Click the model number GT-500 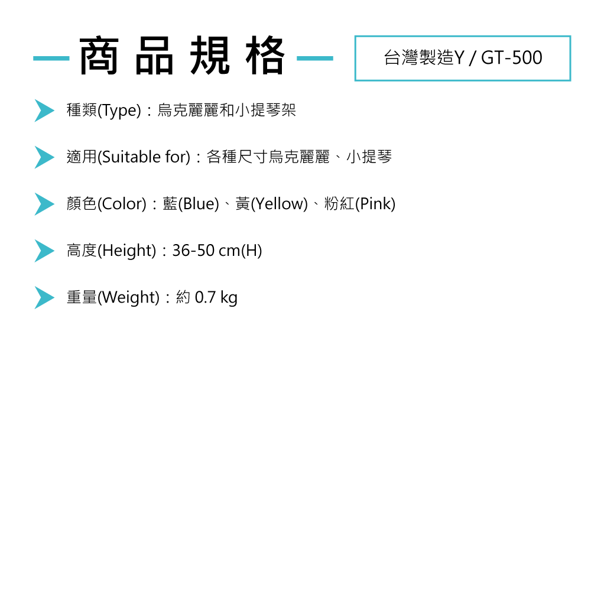(512, 58)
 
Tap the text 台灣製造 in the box (418, 58)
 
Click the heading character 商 (99, 57)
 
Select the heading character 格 (264, 57)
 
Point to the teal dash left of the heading (51, 59)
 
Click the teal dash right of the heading (314, 59)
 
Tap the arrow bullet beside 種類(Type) (44, 111)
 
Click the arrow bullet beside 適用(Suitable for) (44, 157)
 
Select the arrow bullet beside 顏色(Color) (44, 204)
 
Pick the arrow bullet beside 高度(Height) (44, 251)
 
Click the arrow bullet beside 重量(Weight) (44, 297)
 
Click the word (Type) (119, 111)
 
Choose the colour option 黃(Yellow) (272, 204)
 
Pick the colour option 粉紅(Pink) (360, 204)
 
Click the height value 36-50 (193, 251)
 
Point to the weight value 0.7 (205, 297)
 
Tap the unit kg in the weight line (229, 297)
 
